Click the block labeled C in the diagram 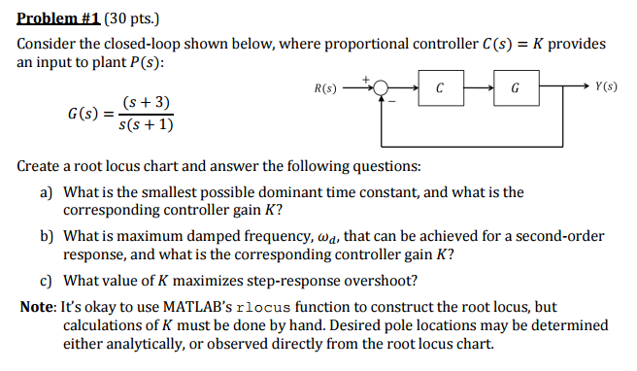click(x=440, y=87)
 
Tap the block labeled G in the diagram click(x=515, y=87)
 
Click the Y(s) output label click(x=606, y=87)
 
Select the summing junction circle click(x=382, y=87)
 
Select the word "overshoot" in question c click(x=386, y=281)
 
